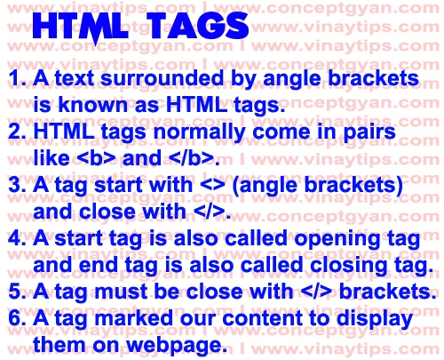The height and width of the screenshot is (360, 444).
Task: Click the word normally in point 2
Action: (190, 132)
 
